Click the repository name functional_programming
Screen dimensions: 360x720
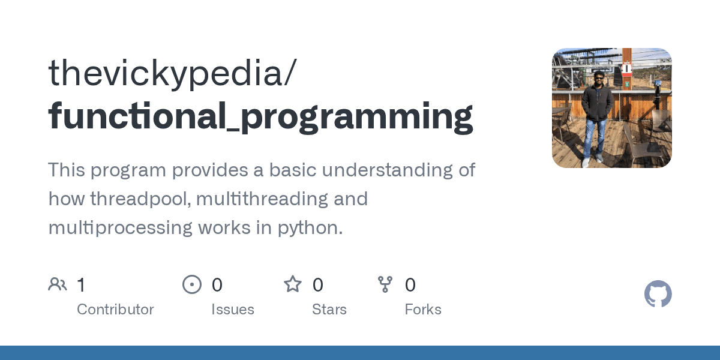260,116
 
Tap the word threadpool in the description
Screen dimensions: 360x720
142,199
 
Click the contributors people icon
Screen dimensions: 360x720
58,284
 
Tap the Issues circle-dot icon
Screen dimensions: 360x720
192,284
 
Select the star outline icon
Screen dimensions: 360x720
293,284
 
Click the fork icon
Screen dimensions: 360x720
385,284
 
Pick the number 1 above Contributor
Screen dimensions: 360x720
82,285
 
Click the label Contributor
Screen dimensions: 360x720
115,310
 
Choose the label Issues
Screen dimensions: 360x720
233,310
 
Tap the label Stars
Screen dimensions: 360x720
329,310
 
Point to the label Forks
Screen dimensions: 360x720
423,310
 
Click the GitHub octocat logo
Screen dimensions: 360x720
658,294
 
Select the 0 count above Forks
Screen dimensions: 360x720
410,285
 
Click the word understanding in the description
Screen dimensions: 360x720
384,170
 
